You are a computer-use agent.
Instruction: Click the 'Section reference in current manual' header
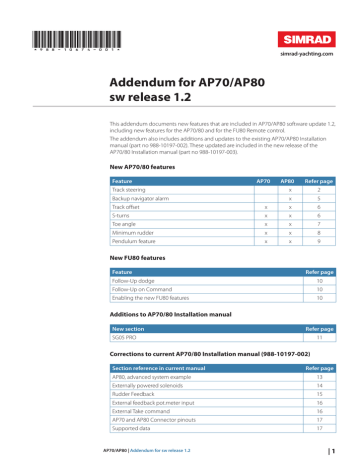(x=163, y=368)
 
